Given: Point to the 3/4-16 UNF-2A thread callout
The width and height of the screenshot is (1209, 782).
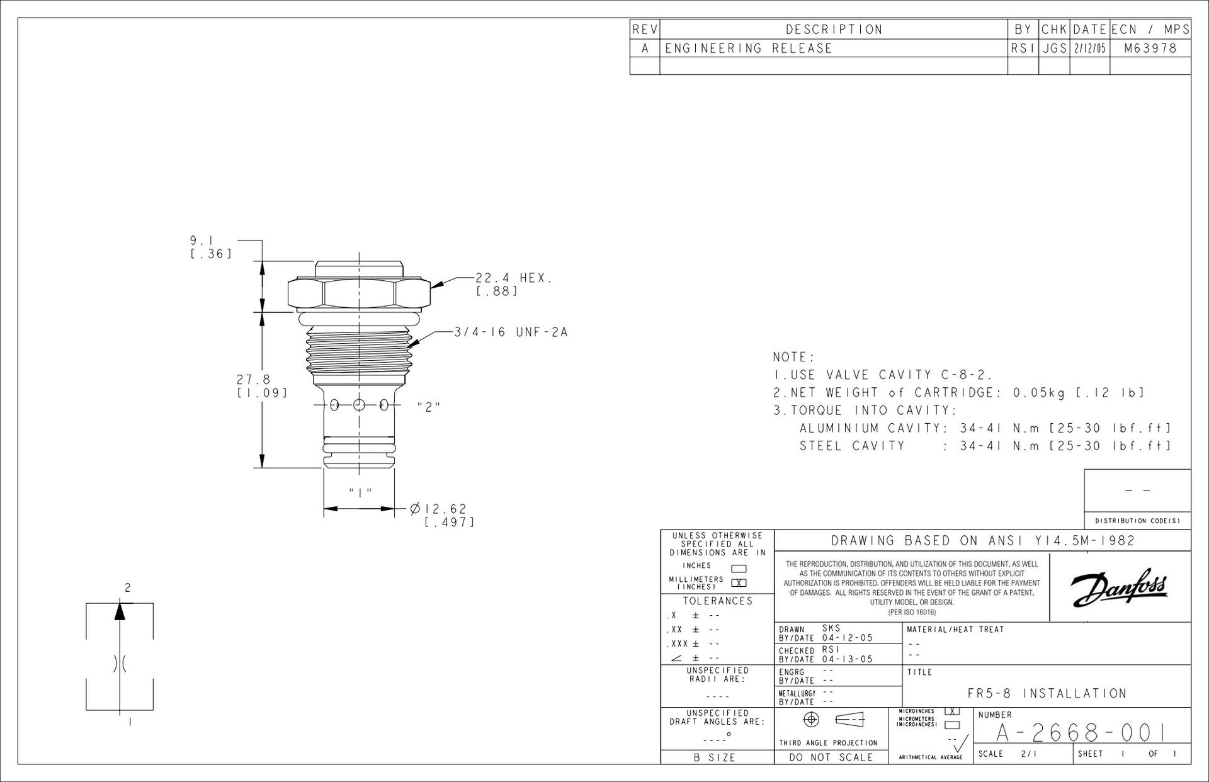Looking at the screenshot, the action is (511, 332).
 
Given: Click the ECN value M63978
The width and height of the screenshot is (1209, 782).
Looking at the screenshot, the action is (1150, 48).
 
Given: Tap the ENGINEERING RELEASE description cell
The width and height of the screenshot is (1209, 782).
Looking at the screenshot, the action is (749, 48).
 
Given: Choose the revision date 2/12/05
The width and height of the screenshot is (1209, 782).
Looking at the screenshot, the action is (1089, 48).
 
